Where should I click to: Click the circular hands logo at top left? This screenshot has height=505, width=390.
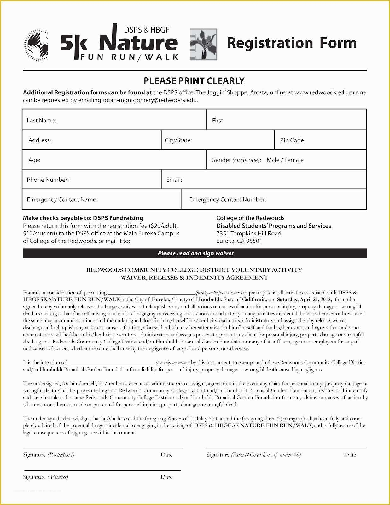pos(36,45)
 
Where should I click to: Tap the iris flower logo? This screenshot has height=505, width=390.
pos(203,45)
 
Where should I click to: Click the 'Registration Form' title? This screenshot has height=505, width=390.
pos(292,43)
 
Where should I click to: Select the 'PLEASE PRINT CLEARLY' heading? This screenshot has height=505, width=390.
pos(194,81)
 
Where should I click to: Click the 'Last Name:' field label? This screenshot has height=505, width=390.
pos(41,120)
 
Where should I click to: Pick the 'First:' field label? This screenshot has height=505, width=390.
pos(218,120)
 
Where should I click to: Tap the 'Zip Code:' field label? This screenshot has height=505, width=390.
pos(293,140)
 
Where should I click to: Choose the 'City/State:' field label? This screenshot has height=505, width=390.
pos(178,140)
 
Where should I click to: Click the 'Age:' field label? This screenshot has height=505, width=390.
pos(34,160)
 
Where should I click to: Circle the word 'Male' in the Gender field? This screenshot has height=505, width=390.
pos(273,160)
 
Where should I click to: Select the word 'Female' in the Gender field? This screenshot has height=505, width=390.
pos(294,160)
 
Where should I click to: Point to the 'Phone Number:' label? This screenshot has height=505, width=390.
pos(48,180)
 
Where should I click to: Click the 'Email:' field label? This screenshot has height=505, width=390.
pos(174,180)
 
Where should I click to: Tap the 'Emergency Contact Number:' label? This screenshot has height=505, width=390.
pos(227,199)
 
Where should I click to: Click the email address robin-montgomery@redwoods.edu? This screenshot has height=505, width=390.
pos(150,100)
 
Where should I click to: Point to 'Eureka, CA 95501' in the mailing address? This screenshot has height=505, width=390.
pos(239,241)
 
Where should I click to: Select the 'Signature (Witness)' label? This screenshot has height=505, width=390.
pos(45,477)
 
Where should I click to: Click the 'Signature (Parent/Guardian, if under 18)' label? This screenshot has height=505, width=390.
pos(253,455)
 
